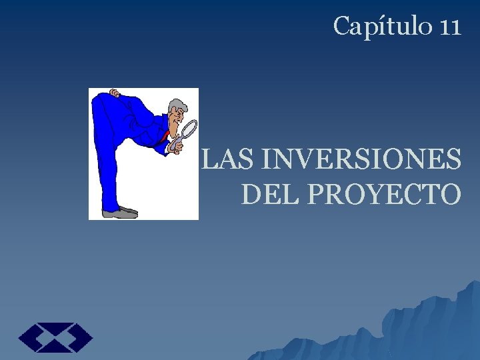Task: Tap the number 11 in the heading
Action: pyautogui.click(x=450, y=27)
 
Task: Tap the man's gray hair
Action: pyautogui.click(x=178, y=105)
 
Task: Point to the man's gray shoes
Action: pyautogui.click(x=120, y=213)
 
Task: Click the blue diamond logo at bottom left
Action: pyautogui.click(x=55, y=337)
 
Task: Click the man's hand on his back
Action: pyautogui.click(x=115, y=93)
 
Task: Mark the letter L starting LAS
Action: pyautogui.click(x=209, y=161)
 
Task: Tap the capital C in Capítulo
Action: pyautogui.click(x=341, y=27)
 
